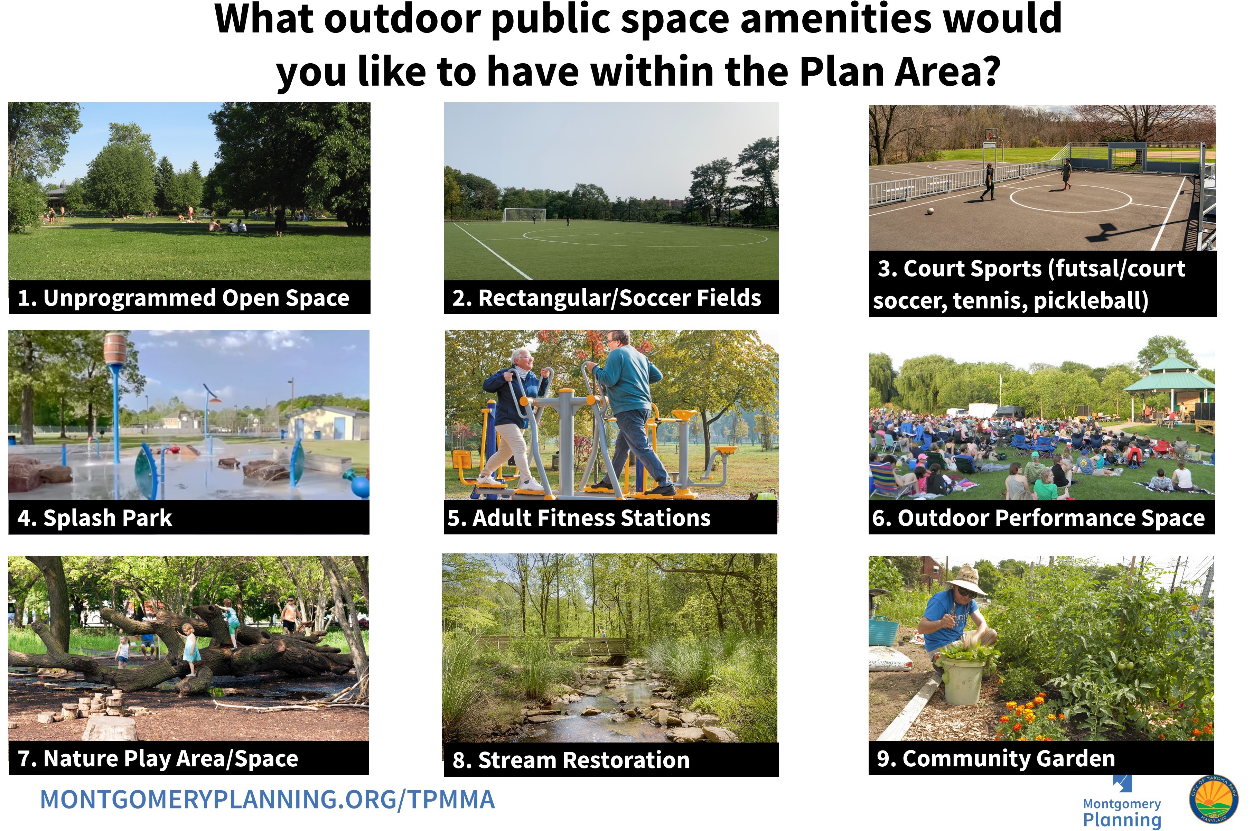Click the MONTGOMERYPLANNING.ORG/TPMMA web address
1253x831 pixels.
pyautogui.click(x=268, y=799)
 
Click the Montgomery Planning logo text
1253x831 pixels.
pyautogui.click(x=1122, y=812)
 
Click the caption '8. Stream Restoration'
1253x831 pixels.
pyautogui.click(x=571, y=760)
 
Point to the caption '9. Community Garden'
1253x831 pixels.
pyautogui.click(x=996, y=758)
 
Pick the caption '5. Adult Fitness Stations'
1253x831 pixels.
pyautogui.click(x=579, y=518)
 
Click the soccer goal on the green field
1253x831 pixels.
pyautogui.click(x=524, y=215)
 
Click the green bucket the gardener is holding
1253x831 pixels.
pyautogui.click(x=963, y=681)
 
